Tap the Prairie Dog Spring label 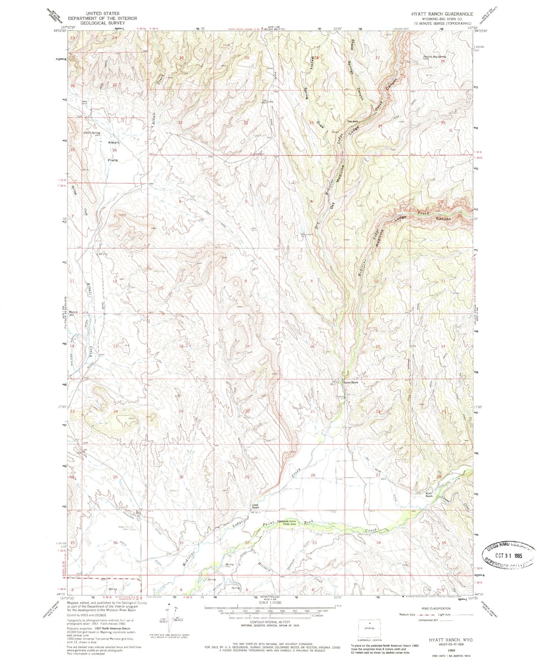pos(434,57)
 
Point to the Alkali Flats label pos(113,151)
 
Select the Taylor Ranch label pos(350,382)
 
